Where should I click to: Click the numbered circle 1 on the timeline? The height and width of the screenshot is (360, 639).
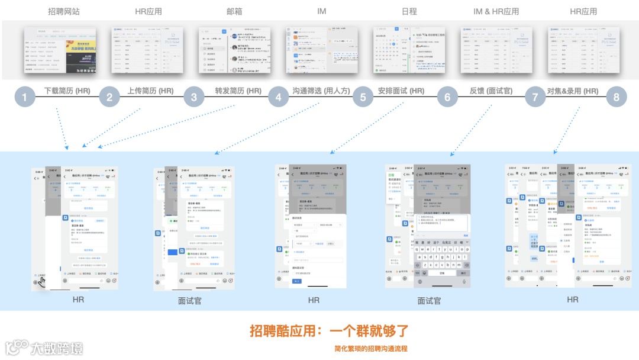(x=25, y=98)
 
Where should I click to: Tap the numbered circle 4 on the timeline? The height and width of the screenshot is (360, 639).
(x=279, y=98)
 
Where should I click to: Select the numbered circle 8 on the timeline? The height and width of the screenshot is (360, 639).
(x=617, y=98)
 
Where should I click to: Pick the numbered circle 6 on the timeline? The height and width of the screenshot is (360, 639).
(x=447, y=98)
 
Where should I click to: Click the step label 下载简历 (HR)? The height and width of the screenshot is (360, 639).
(x=67, y=91)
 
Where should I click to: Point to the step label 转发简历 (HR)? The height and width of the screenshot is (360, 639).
(x=238, y=91)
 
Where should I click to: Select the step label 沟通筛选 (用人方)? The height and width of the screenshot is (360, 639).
(x=321, y=91)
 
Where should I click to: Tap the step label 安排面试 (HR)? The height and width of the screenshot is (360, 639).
(x=401, y=91)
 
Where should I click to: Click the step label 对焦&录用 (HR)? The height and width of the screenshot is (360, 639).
(x=573, y=91)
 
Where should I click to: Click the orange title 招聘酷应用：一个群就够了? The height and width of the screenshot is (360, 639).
(x=329, y=331)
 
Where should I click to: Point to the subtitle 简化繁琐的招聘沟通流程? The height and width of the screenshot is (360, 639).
(x=370, y=349)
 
